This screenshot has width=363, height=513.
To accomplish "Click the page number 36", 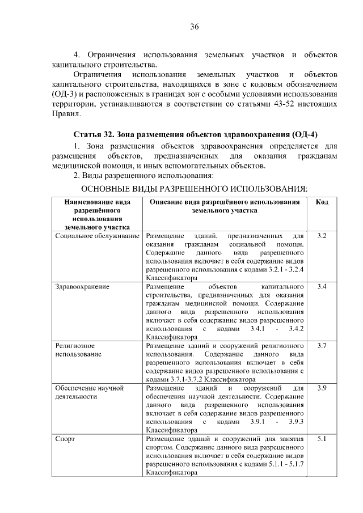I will [x=194, y=27].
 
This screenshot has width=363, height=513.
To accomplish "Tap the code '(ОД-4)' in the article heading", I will [x=303, y=134].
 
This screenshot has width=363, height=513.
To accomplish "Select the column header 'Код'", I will [x=322, y=202].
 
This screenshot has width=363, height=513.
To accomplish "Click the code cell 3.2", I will [x=322, y=235].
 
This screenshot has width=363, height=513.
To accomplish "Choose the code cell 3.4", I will [x=322, y=287].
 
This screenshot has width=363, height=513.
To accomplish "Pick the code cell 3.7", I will [x=322, y=345].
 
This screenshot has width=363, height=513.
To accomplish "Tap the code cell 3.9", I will [x=322, y=388].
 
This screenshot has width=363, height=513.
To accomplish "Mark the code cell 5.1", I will [x=322, y=439].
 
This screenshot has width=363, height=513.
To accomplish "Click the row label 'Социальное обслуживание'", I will [x=98, y=235].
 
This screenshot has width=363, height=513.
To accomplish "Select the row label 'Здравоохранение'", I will [x=82, y=287].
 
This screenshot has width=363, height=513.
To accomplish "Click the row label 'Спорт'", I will [x=65, y=439].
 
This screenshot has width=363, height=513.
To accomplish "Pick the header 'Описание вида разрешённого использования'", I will [x=225, y=202].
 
